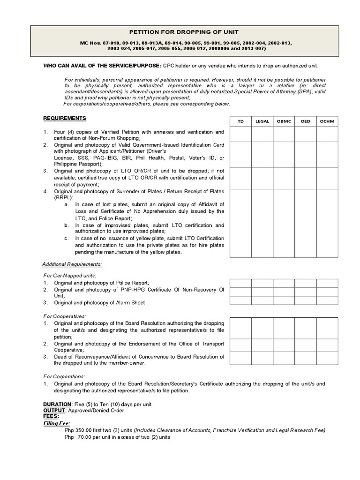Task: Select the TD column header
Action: [240, 121]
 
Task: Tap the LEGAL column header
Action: [262, 121]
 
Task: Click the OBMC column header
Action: [284, 121]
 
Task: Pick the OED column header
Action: [305, 121]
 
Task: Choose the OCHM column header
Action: [327, 121]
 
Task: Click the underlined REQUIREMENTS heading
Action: [65, 118]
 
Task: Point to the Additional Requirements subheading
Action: [72, 264]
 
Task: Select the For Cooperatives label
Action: [65, 316]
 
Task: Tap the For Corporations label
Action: [64, 376]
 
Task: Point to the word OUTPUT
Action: [55, 410]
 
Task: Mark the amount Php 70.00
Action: [80, 437]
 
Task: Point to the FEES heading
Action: [51, 416]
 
